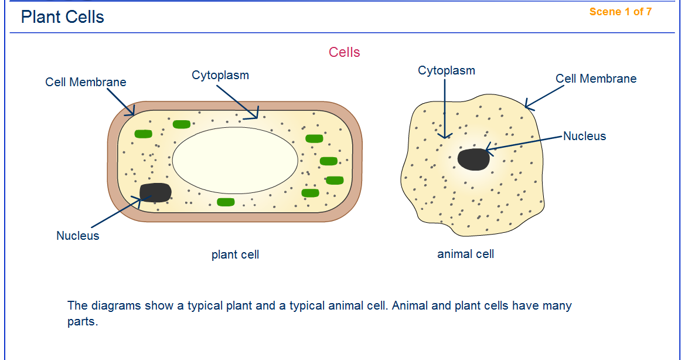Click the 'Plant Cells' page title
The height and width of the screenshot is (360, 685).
pos(63,17)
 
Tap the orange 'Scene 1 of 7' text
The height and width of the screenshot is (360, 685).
pos(620,12)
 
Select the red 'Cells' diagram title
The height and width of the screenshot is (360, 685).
pos(345,52)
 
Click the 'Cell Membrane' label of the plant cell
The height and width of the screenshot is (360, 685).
pos(86,82)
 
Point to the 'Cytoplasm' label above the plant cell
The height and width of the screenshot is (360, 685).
pos(220,75)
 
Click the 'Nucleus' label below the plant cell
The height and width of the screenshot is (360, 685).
pos(78,236)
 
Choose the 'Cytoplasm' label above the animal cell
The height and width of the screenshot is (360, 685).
pos(447,70)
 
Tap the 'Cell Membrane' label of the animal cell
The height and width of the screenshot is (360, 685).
pos(596,79)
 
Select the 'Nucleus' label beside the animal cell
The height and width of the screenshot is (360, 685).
pos(585,136)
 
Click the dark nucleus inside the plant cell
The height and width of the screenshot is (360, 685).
pos(155,192)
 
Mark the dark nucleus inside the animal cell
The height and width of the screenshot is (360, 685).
pos(473,159)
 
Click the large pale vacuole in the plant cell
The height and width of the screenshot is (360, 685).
pos(235,159)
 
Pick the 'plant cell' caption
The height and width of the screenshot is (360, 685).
pos(235,254)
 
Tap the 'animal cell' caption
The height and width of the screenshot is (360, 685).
pos(466,254)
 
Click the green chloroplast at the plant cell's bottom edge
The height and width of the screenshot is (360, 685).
pos(226,202)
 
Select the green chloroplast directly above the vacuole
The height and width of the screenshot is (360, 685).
pos(182,124)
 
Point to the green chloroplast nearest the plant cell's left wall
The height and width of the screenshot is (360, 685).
pos(143,134)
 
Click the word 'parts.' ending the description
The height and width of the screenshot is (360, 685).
pos(82,322)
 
